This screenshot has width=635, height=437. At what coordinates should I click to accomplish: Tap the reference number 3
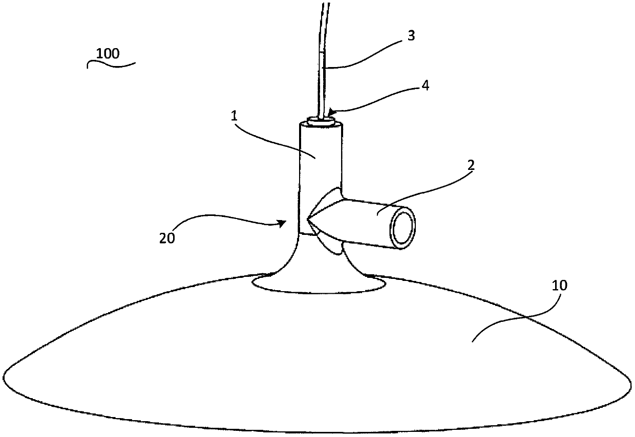pyautogui.click(x=411, y=35)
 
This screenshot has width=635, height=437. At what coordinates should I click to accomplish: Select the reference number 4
pyautogui.click(x=425, y=85)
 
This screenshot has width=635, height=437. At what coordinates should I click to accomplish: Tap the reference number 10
pyautogui.click(x=560, y=286)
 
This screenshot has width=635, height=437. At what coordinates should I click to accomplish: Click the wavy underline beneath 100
pyautogui.click(x=111, y=64)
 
